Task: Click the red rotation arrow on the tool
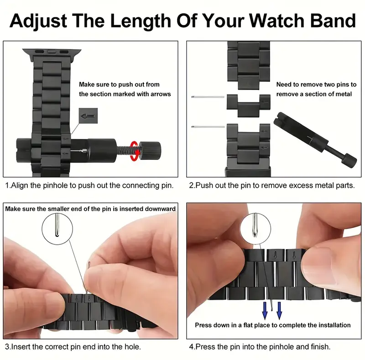coord(135,151)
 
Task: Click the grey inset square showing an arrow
coord(88,116)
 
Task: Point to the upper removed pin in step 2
coord(208,97)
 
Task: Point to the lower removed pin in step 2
coord(208,127)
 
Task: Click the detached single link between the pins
coord(249,106)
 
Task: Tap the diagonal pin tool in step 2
coord(315,139)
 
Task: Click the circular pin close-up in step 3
coord(57,229)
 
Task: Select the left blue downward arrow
coord(265,311)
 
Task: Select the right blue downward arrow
coord(279,311)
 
